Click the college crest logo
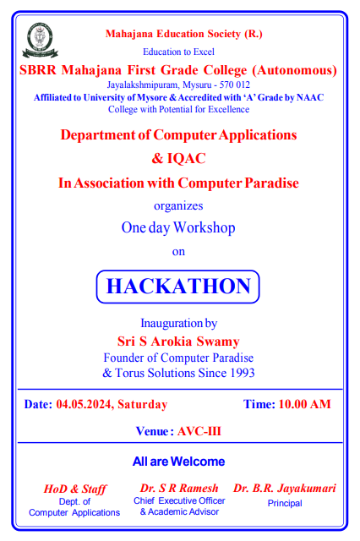[40, 41]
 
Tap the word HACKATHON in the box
[178, 287]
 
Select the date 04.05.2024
[84, 404]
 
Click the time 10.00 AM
[304, 404]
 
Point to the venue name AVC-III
[199, 431]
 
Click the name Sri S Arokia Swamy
[178, 342]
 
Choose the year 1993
[243, 373]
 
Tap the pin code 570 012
[234, 85]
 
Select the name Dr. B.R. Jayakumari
[285, 489]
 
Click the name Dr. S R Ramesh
[179, 489]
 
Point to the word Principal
[285, 504]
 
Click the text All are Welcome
[178, 462]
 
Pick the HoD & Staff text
[75, 489]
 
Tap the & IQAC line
[178, 158]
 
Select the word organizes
[178, 206]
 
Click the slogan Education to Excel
[178, 52]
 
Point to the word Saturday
[143, 404]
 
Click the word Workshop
[205, 228]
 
